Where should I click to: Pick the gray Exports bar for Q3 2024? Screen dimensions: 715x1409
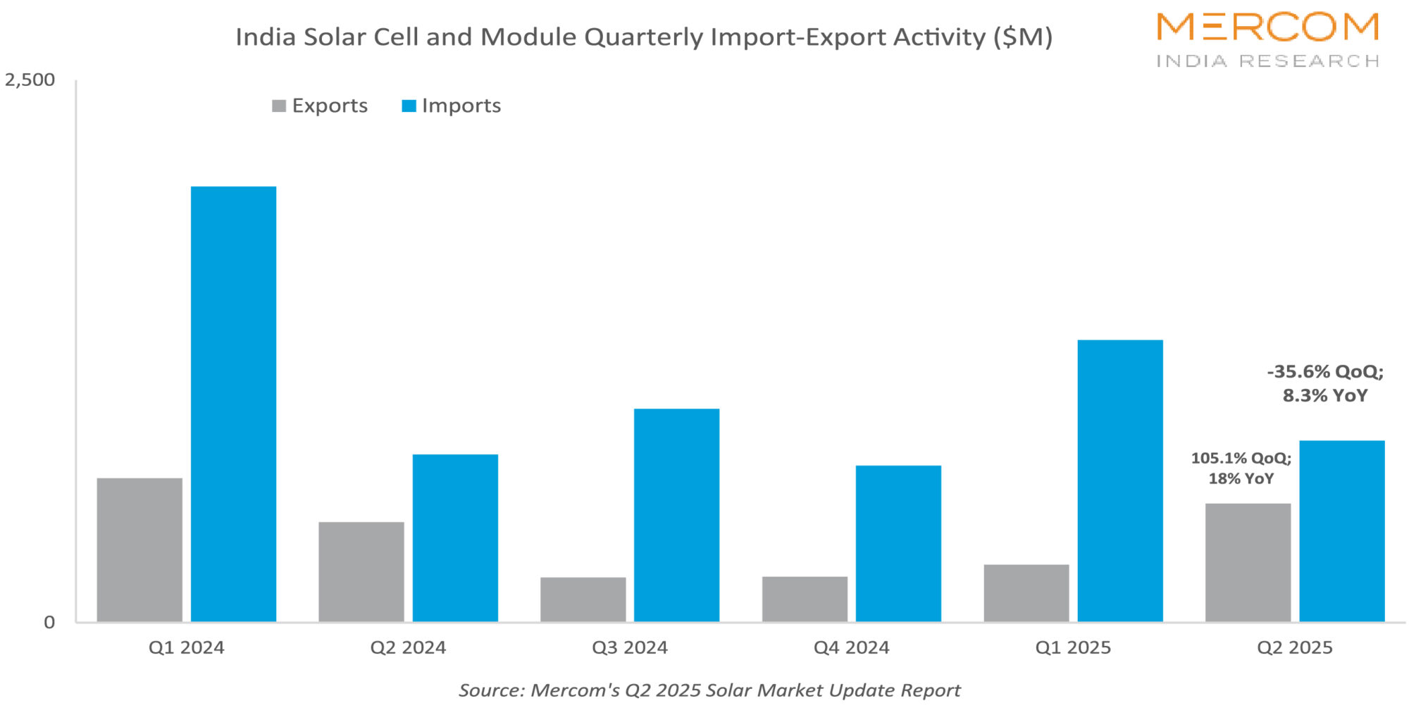[x=583, y=599]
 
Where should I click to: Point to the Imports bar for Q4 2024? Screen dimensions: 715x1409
[x=898, y=543]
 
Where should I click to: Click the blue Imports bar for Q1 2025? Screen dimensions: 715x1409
[x=1120, y=480]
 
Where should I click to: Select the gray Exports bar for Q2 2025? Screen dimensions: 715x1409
[x=1248, y=562]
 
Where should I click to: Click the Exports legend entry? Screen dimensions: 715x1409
[x=320, y=106]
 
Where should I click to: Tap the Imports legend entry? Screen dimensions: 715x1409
[x=452, y=106]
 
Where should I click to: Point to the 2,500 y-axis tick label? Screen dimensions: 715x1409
[x=30, y=80]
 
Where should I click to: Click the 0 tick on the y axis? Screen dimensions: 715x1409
[x=49, y=622]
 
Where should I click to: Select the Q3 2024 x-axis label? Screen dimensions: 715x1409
[x=630, y=647]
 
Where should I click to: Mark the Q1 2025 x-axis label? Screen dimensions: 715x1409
[x=1073, y=647]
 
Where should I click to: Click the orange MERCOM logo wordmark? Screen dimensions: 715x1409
[x=1267, y=27]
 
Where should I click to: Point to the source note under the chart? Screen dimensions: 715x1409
[x=709, y=690]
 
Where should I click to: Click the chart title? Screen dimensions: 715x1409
[x=643, y=37]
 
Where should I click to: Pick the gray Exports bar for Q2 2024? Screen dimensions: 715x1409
[x=361, y=571]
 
